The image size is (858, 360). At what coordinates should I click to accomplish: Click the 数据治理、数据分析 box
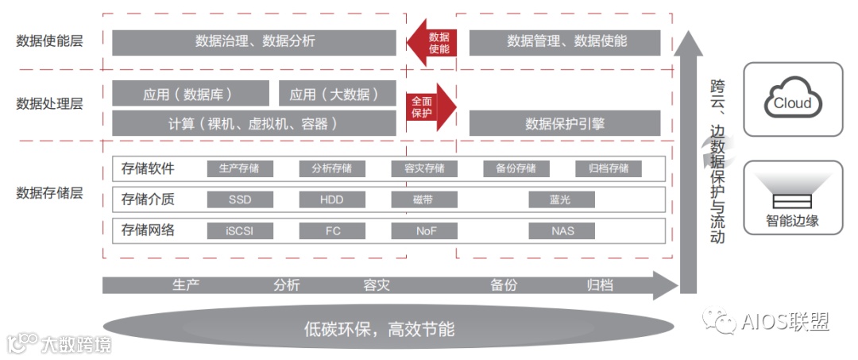click(x=254, y=42)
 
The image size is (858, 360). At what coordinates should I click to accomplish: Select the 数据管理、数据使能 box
click(x=565, y=42)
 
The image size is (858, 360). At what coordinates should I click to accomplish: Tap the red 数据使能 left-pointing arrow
click(x=432, y=42)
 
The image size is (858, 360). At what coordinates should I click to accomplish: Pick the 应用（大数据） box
click(x=337, y=94)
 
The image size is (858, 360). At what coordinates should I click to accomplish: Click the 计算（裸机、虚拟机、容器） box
click(x=254, y=123)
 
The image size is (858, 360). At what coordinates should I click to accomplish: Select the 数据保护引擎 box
click(x=565, y=123)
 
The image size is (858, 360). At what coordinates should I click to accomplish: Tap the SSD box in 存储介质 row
click(x=240, y=199)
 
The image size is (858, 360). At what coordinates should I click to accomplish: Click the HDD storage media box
click(x=332, y=199)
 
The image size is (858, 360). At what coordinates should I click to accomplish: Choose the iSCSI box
click(x=240, y=231)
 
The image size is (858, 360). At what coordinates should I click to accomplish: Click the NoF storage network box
click(x=424, y=231)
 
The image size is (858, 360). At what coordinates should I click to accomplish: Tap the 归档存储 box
click(x=609, y=168)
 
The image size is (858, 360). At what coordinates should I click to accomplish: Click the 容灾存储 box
click(x=424, y=168)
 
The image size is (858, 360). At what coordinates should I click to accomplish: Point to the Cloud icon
click(x=792, y=101)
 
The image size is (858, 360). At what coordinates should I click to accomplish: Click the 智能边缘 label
click(x=792, y=221)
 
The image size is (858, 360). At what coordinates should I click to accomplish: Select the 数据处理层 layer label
click(x=49, y=103)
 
